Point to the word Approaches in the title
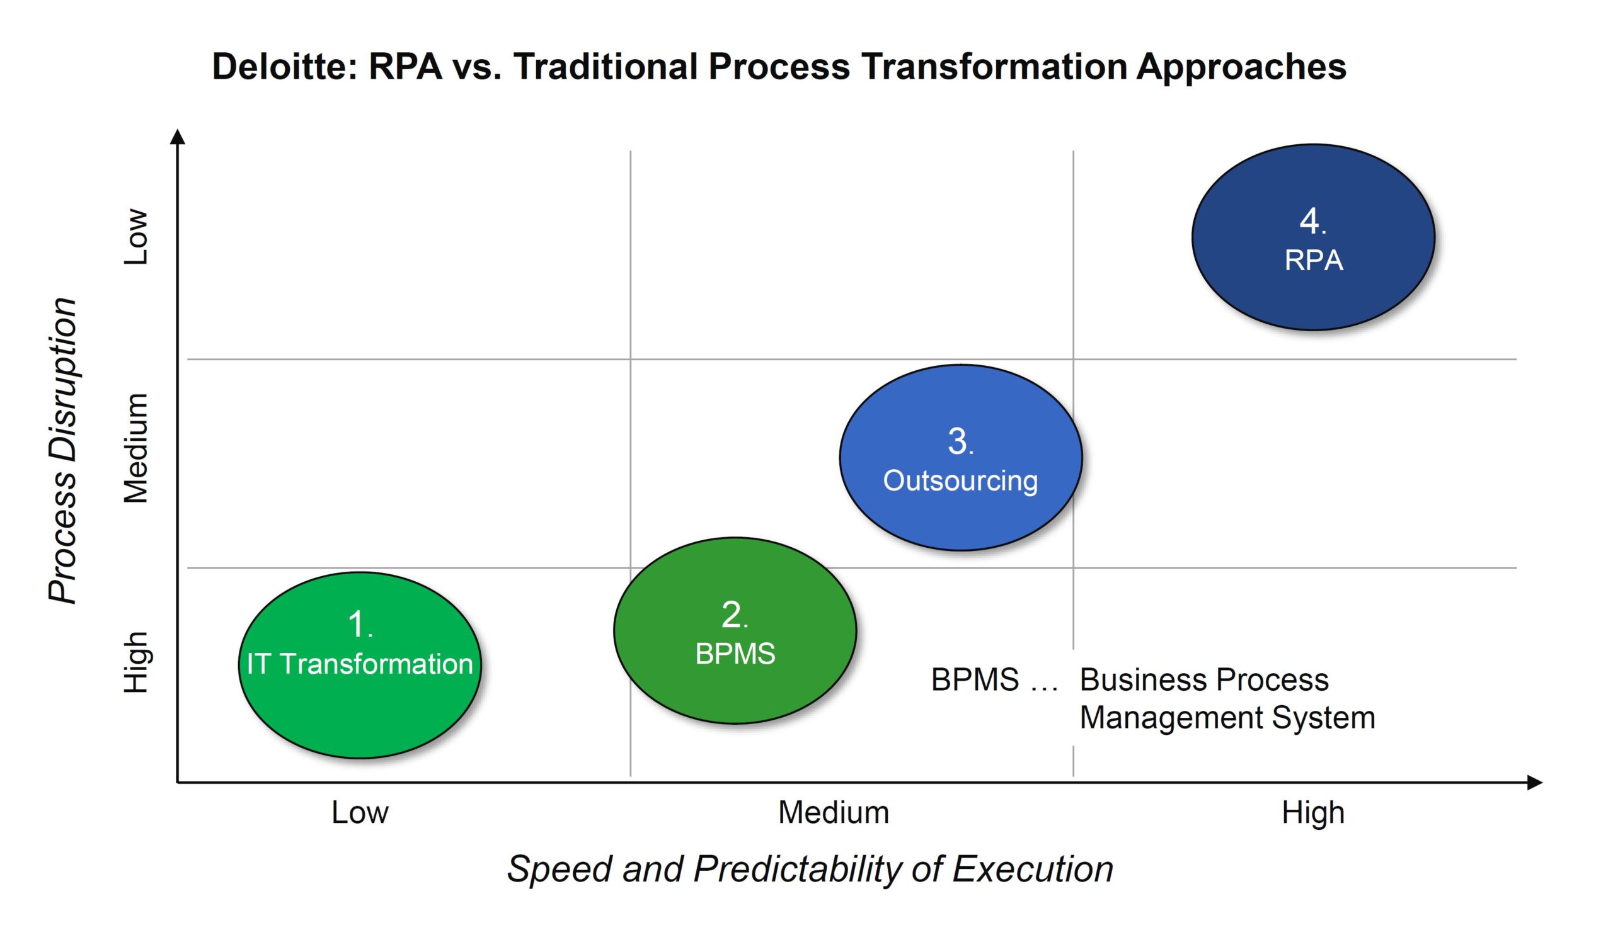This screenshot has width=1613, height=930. pos(1241,67)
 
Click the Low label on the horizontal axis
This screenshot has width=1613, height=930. pos(360,812)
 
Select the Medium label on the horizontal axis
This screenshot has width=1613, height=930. pos(834,812)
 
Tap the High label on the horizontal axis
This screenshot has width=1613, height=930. pos(1312,812)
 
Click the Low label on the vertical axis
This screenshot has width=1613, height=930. pos(135,236)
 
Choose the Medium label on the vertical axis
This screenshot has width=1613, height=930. pos(135,448)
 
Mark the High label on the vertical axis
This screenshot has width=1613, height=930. pos(135,662)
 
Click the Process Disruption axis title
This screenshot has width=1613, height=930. pos(63,450)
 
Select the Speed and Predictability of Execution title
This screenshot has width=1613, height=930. pos(810,869)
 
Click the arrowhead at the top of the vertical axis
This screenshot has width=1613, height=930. pos(178,136)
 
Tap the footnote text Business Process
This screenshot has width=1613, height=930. pos(1204,679)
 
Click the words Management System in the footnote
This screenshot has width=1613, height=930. pos(1227,717)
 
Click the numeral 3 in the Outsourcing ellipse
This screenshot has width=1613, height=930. pos(957,441)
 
